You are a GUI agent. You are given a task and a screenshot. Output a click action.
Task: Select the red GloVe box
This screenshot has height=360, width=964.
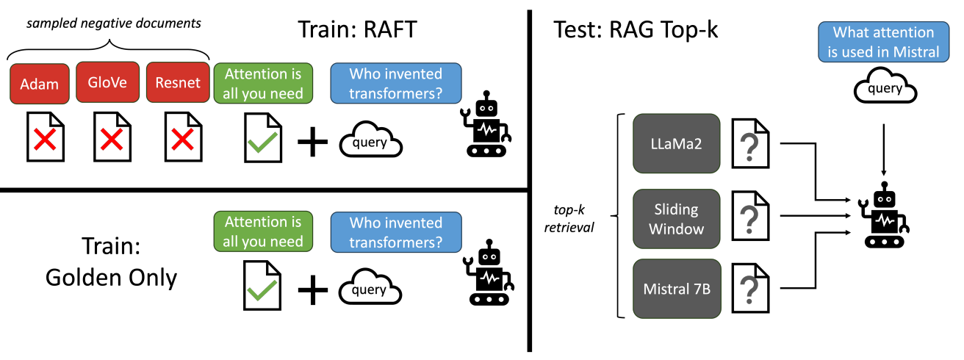(x=108, y=83)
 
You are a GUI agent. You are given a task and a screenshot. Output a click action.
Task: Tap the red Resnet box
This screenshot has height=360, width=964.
(x=177, y=83)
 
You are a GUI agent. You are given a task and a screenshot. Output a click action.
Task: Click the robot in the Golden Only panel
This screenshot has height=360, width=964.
(x=486, y=276)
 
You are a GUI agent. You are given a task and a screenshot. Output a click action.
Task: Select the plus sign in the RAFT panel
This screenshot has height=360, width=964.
(x=312, y=141)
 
